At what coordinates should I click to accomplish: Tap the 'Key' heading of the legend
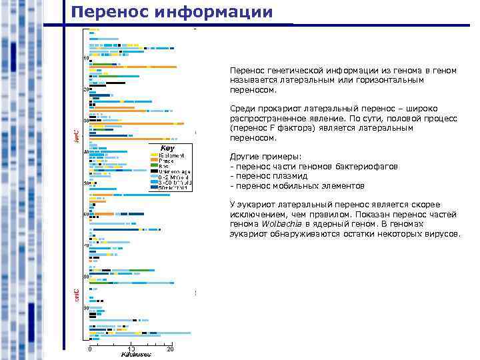point(169,147)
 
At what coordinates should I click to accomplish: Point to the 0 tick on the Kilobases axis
point(90,348)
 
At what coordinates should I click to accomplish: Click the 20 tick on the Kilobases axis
point(170,348)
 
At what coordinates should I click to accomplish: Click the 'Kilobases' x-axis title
point(135,355)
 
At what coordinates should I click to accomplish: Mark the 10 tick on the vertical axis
point(85,58)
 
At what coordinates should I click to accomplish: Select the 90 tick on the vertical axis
point(85,307)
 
